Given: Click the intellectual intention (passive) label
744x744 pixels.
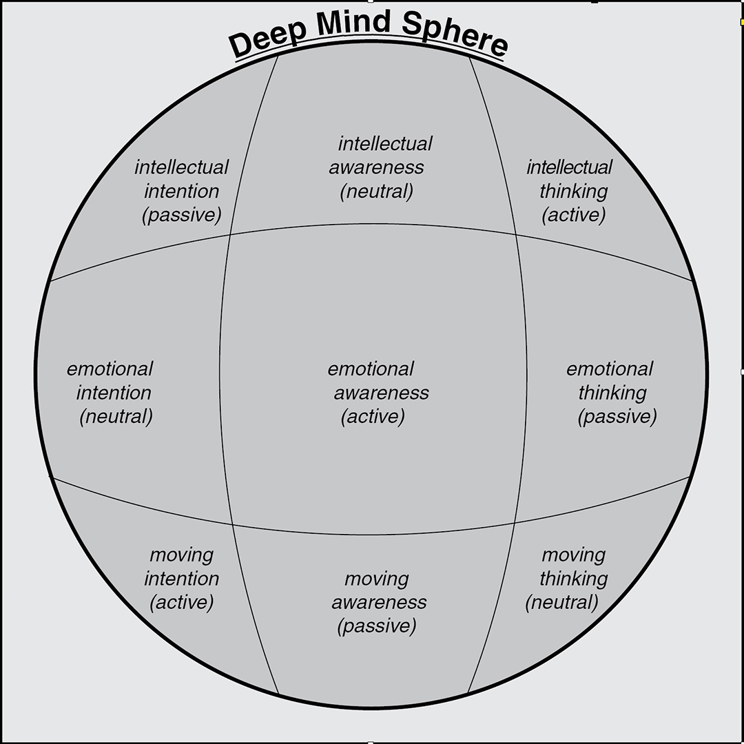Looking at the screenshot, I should click(x=182, y=191).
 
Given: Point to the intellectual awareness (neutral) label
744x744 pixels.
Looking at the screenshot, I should click(x=378, y=167).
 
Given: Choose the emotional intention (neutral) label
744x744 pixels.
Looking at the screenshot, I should click(x=112, y=393).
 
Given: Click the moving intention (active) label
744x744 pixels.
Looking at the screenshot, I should click(x=182, y=579).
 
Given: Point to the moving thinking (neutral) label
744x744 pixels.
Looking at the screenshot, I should click(x=569, y=579).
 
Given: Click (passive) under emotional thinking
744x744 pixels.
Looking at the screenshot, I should click(x=617, y=417).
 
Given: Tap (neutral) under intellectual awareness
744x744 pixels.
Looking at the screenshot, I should click(x=377, y=192).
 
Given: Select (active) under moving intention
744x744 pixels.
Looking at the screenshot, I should click(x=182, y=603).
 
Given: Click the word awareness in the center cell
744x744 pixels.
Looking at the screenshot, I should click(x=381, y=393).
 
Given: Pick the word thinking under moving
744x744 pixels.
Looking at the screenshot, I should click(x=573, y=579).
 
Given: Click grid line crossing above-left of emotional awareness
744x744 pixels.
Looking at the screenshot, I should click(x=229, y=234).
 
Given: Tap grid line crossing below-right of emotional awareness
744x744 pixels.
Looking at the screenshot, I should click(x=515, y=523).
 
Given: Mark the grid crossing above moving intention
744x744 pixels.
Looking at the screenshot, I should click(x=232, y=524).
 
